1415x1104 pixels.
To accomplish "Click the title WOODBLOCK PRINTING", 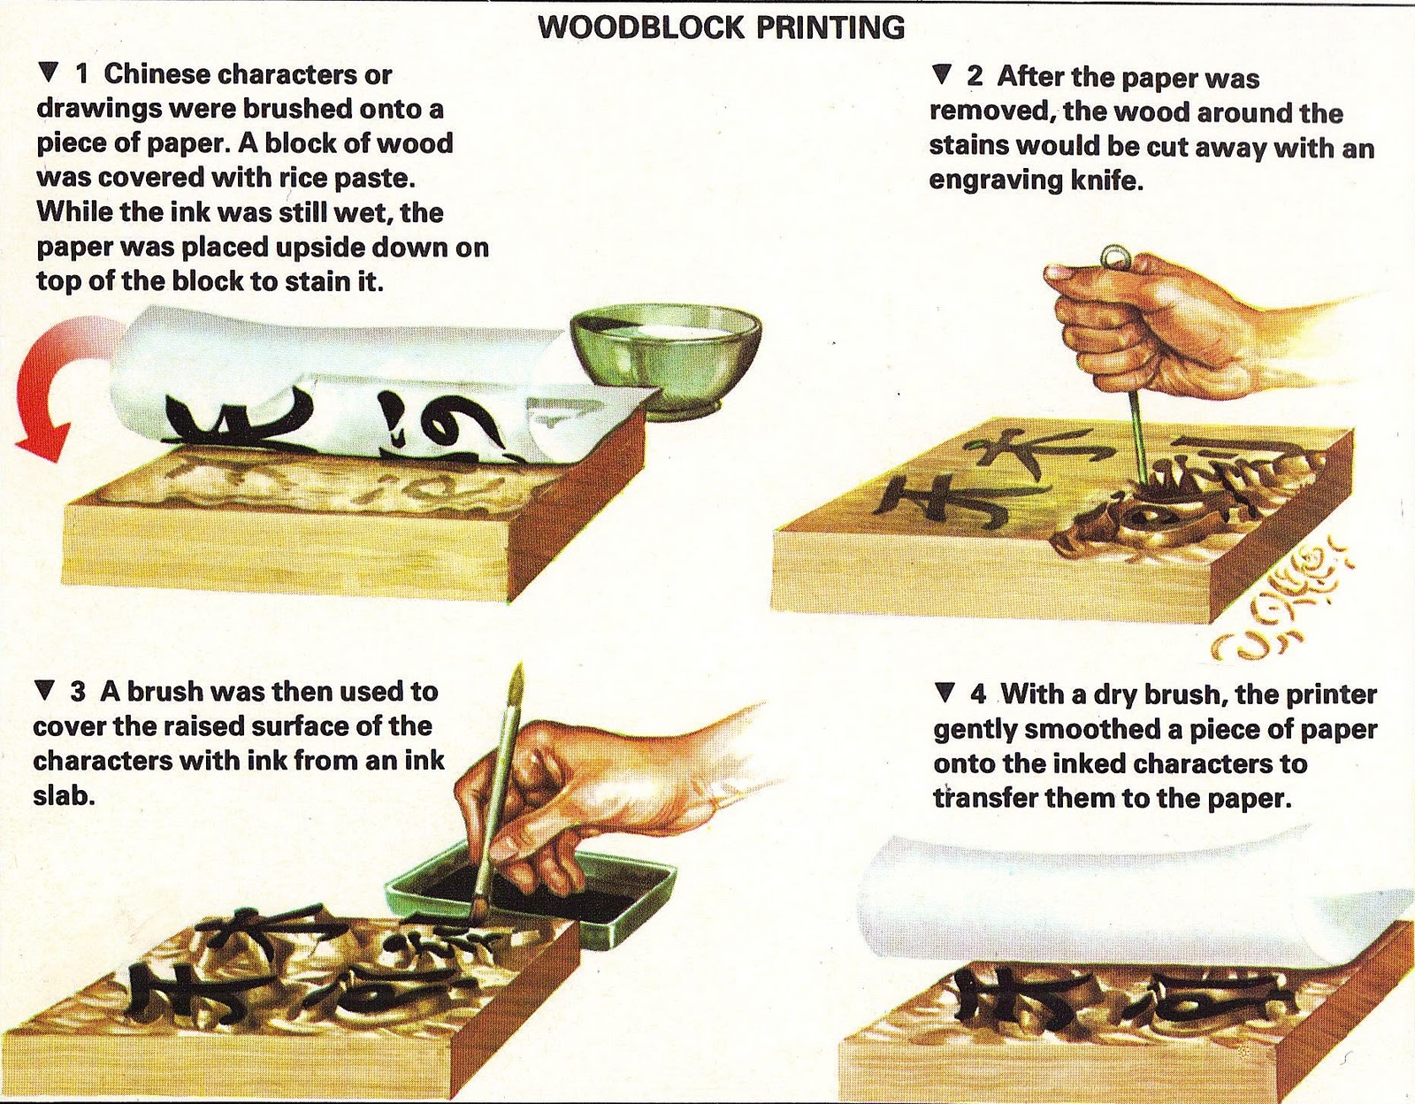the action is (x=722, y=27).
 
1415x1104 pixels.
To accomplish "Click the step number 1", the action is (x=82, y=75).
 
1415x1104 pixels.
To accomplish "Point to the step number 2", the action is (x=975, y=77).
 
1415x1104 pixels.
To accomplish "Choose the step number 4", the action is (x=978, y=694).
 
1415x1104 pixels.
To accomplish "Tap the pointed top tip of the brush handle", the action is (x=520, y=665).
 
